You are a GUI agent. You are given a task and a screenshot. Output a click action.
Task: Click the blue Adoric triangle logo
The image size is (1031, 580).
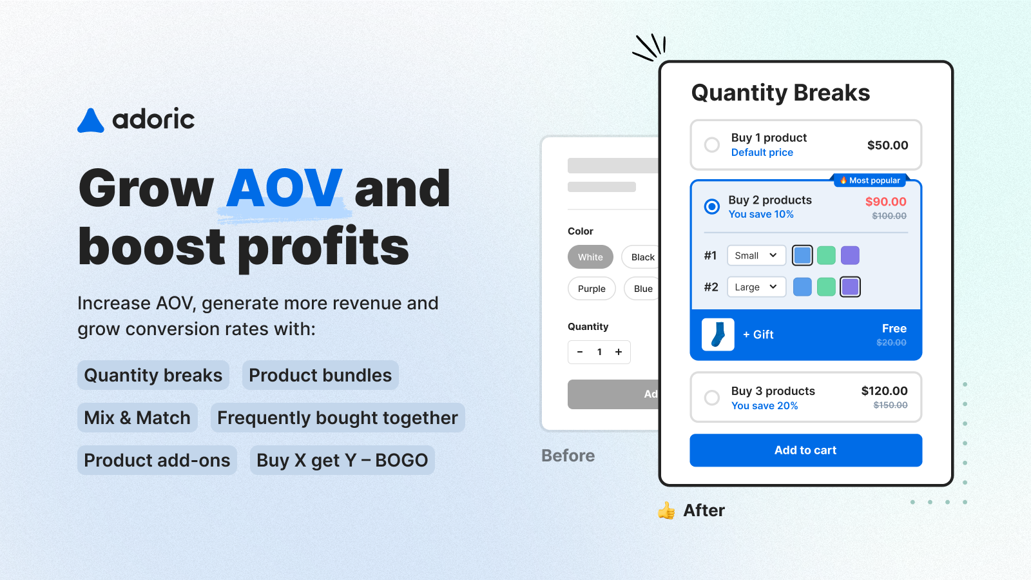(x=91, y=121)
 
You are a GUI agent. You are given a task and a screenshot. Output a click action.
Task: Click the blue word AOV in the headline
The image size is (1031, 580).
(x=284, y=188)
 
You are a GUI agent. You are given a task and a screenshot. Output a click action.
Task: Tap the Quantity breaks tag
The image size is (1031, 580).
(x=153, y=375)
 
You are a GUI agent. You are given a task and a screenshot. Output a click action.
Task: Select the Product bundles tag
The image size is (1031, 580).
(x=320, y=375)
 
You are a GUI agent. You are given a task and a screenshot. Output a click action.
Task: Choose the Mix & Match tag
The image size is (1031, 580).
(x=137, y=418)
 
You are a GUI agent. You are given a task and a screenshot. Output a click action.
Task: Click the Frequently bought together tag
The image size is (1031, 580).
(x=338, y=418)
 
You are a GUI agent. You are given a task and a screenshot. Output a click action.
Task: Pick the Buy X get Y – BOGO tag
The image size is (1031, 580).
(x=342, y=460)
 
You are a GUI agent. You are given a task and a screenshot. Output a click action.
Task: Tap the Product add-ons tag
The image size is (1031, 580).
(x=157, y=460)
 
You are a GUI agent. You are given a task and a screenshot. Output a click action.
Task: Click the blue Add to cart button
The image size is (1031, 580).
(x=805, y=450)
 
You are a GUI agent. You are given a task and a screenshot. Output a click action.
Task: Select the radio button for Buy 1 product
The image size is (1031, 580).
(x=711, y=145)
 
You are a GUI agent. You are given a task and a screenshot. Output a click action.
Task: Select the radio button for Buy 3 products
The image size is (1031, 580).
(x=711, y=398)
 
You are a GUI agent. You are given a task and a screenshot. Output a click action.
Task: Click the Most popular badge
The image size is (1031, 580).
(x=869, y=180)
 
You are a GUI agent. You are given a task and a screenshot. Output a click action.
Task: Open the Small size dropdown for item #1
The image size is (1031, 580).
(x=756, y=255)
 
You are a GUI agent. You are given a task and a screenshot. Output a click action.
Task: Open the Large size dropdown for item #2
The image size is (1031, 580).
(x=756, y=287)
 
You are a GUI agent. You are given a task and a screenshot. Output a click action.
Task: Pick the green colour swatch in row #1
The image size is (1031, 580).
(x=826, y=255)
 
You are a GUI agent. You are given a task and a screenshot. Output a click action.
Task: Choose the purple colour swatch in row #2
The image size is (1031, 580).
(x=850, y=287)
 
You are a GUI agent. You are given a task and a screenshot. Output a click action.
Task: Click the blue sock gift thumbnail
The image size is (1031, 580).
(x=718, y=334)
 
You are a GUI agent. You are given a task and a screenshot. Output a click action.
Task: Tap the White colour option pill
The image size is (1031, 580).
(x=590, y=257)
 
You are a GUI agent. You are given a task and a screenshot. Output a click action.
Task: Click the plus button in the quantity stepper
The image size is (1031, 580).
(x=619, y=352)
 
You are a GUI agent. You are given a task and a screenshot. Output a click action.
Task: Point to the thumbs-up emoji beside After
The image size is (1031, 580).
(x=666, y=510)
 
